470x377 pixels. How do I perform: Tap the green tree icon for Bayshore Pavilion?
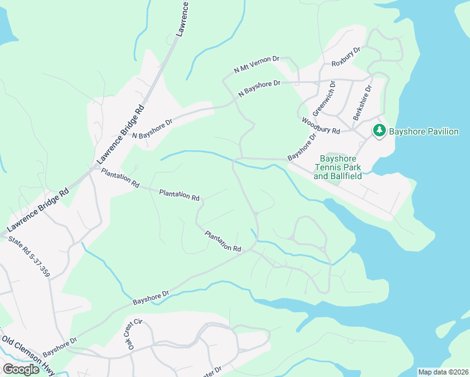click(379, 131)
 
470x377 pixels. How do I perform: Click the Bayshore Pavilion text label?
click(424, 132)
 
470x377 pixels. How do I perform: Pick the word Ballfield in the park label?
click(354, 177)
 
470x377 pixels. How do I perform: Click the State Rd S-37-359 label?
click(28, 254)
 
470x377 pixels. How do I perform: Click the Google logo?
click(21, 369)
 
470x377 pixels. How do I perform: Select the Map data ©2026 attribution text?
click(443, 372)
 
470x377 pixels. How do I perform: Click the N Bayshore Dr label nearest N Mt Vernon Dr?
click(259, 89)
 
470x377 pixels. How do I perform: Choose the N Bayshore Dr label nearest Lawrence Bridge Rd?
click(151, 129)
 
